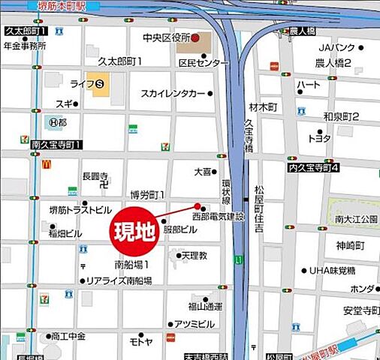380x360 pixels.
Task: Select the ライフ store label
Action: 80,84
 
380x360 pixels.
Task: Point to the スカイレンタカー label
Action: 173,94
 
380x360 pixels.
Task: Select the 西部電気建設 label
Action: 219,217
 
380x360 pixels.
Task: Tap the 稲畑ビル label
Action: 65,233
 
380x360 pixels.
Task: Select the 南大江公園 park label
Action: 356,220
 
